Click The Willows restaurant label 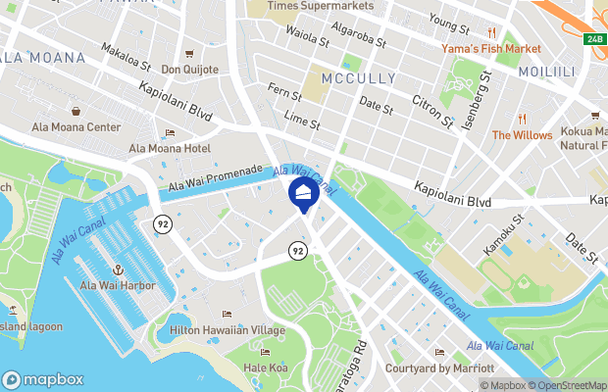click(x=522, y=134)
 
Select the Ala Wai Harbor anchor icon click(x=116, y=269)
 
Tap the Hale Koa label click(x=264, y=367)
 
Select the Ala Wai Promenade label click(x=216, y=177)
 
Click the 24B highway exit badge click(x=594, y=39)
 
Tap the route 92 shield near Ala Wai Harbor click(x=159, y=224)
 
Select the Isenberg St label click(x=487, y=102)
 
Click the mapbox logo click(x=44, y=379)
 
